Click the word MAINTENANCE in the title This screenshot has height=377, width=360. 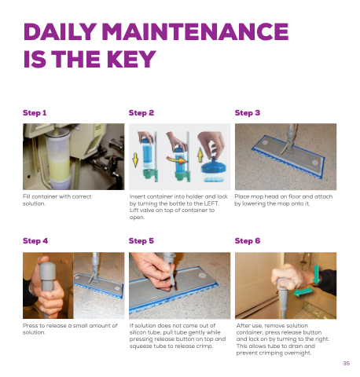tap(195, 31)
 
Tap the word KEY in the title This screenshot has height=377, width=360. tap(131, 59)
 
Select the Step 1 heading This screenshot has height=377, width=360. tap(35, 113)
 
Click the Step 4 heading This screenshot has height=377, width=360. tap(35, 241)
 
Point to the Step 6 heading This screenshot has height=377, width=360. tap(248, 241)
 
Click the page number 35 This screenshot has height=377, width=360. tap(347, 364)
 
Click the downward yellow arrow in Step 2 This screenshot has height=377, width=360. tap(135, 160)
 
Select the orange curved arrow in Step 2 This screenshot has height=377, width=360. tap(178, 159)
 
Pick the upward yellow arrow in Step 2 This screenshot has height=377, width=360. tap(200, 156)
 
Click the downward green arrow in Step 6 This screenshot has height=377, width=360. tap(317, 275)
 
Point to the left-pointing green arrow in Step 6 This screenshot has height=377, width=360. tap(303, 291)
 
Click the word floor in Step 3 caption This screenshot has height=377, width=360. tap(296, 196)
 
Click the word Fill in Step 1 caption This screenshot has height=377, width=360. tap(26, 196)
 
